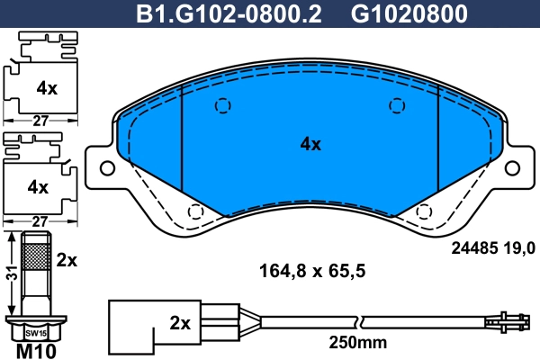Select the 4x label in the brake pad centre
[310, 144]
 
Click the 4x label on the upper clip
[47, 88]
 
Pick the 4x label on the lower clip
[38, 187]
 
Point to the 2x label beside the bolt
[67, 260]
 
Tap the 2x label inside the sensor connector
[179, 322]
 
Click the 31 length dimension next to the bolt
[10, 275]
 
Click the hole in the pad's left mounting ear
[107, 168]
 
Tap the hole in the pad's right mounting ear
[513, 168]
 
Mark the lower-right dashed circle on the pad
[425, 212]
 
